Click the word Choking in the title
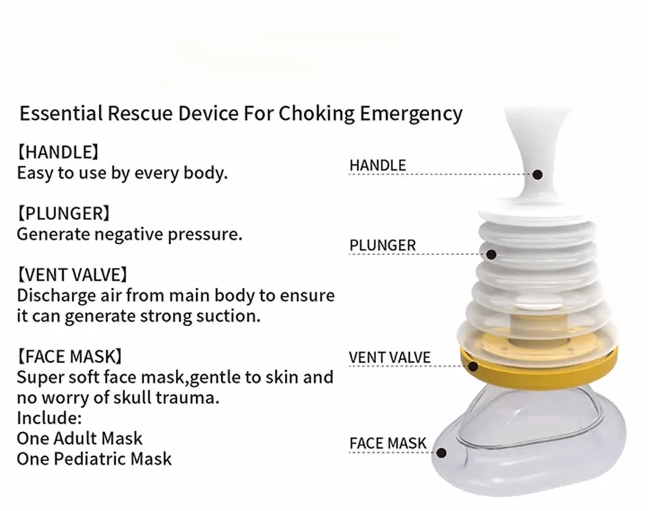point(313,114)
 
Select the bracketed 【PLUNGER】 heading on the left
point(64,214)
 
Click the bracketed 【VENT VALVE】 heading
point(72,275)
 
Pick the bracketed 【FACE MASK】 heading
point(70,356)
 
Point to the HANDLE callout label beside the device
point(377,165)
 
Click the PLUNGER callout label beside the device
point(383,245)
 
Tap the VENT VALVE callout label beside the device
point(390,357)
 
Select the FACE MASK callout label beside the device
point(388,444)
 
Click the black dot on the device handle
point(538,175)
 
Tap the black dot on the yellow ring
point(473,367)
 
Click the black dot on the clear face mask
point(442,453)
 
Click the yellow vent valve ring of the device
point(541,365)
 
